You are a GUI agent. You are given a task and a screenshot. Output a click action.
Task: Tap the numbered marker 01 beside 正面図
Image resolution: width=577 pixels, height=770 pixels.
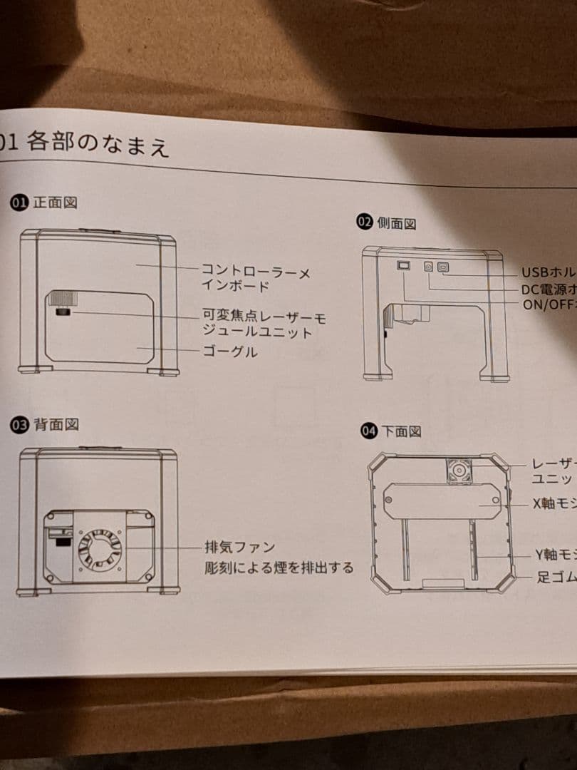19,202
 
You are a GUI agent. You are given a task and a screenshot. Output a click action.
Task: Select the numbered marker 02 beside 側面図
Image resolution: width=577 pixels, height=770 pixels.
365,222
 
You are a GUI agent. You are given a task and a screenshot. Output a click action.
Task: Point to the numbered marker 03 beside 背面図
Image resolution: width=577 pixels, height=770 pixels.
19,425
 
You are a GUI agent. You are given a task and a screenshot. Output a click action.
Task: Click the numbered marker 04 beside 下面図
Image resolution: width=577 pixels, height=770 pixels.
369,431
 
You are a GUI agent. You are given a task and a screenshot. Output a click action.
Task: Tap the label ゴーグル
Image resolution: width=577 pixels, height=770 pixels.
229,352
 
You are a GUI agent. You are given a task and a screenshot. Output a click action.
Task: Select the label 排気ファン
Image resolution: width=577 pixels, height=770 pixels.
239,548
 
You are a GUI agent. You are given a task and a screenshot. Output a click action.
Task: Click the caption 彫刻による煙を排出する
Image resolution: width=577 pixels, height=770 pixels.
278,568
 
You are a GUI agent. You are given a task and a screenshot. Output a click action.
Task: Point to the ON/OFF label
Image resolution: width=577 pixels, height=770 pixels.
548,305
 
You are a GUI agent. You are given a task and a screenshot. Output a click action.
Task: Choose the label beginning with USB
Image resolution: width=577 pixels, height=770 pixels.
549,273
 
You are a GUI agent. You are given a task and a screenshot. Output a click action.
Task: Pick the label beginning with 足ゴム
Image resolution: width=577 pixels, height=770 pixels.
556,577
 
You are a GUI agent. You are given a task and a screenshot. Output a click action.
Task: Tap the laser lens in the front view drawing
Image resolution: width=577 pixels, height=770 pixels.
62,312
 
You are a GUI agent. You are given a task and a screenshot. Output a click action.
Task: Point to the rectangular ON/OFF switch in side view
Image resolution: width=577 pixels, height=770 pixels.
403,265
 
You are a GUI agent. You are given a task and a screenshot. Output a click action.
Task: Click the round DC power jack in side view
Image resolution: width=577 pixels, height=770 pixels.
429,266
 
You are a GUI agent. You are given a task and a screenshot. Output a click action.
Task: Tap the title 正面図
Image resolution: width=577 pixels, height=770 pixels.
55,202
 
